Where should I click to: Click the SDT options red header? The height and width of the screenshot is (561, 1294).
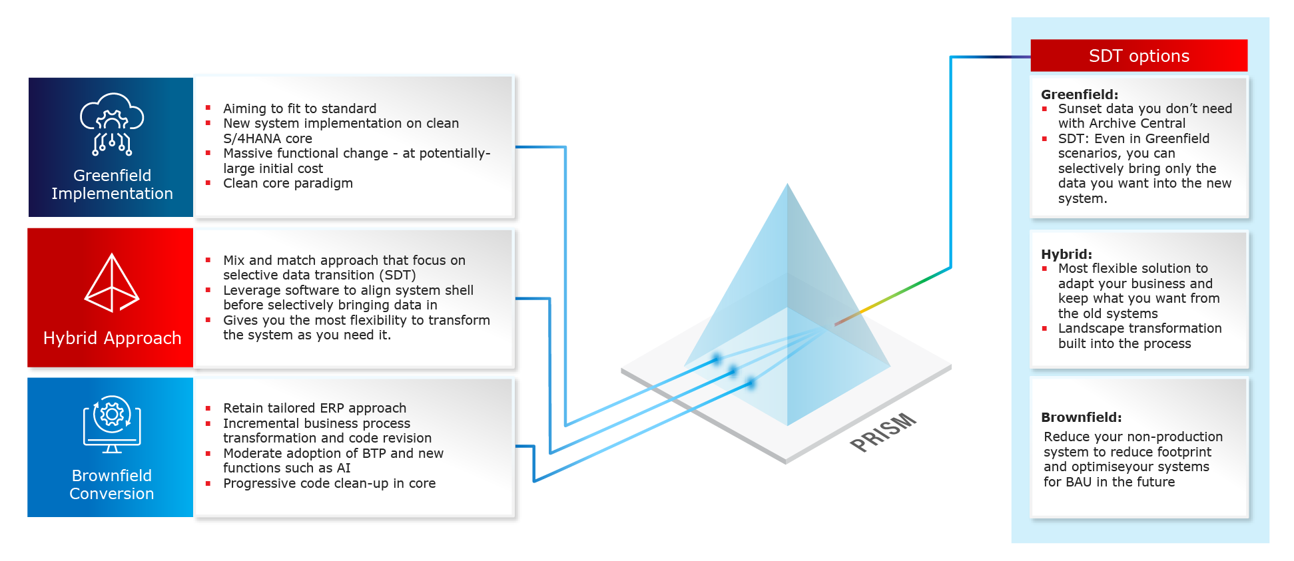pyautogui.click(x=1138, y=56)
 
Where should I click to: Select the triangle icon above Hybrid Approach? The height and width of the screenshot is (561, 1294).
pyautogui.click(x=112, y=283)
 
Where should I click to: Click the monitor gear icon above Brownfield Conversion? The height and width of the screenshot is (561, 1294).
pyautogui.click(x=112, y=424)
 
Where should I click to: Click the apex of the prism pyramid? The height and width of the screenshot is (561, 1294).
pyautogui.click(x=787, y=185)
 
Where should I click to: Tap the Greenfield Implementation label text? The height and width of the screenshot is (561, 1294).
pyautogui.click(x=112, y=184)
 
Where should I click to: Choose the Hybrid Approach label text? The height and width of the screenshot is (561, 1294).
pyautogui.click(x=112, y=338)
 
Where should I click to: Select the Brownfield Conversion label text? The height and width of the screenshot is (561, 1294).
pyautogui.click(x=112, y=484)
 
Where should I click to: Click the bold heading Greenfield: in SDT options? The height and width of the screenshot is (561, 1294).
pyautogui.click(x=1080, y=94)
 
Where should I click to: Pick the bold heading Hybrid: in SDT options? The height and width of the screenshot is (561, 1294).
pyautogui.click(x=1066, y=254)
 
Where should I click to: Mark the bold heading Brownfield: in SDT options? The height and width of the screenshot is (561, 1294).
pyautogui.click(x=1081, y=417)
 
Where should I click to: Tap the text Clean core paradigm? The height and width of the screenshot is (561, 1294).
pyautogui.click(x=288, y=183)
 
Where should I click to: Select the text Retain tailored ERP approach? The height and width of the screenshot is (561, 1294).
pyautogui.click(x=314, y=408)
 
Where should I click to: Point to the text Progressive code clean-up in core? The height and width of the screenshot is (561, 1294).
pyautogui.click(x=329, y=483)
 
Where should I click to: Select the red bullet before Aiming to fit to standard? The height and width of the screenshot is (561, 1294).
pyautogui.click(x=208, y=108)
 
